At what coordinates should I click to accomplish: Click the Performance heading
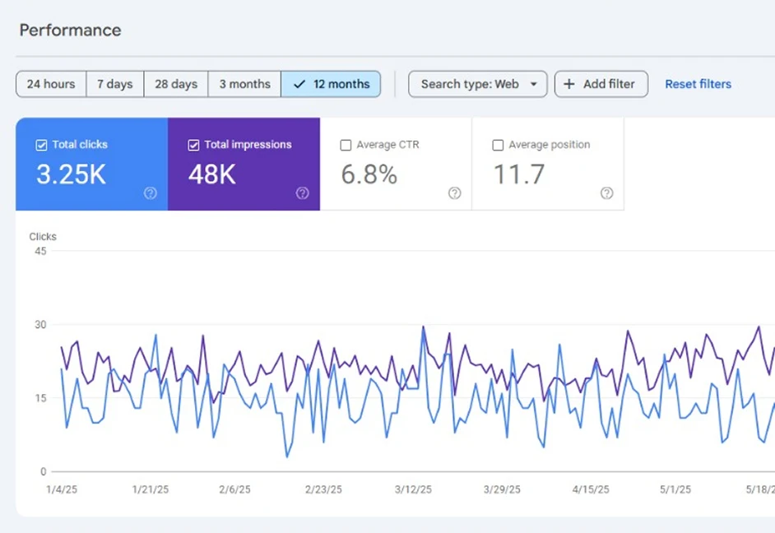(x=70, y=30)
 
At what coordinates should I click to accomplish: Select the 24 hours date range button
(x=51, y=84)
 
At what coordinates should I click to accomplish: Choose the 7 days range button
(x=114, y=84)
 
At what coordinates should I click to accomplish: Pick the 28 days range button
(x=176, y=84)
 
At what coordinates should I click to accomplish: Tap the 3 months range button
(x=244, y=84)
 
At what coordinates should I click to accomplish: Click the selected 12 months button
(x=331, y=84)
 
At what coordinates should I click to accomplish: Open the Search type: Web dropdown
(x=477, y=84)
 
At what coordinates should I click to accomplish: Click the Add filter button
(x=601, y=84)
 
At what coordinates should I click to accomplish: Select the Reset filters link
(x=698, y=84)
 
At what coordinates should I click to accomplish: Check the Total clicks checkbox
(x=42, y=145)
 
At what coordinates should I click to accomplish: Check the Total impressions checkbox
(x=194, y=145)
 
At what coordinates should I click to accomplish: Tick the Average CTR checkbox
(x=346, y=145)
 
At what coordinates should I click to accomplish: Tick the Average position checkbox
(x=498, y=145)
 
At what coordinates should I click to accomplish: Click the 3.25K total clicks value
(x=71, y=174)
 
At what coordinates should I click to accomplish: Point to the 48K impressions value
(x=212, y=174)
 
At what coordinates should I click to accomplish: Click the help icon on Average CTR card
(x=454, y=193)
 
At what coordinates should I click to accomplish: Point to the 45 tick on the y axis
(x=40, y=251)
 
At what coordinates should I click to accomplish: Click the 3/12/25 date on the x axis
(x=413, y=489)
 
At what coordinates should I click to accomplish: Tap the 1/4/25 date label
(x=63, y=489)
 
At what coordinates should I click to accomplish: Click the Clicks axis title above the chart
(x=43, y=237)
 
